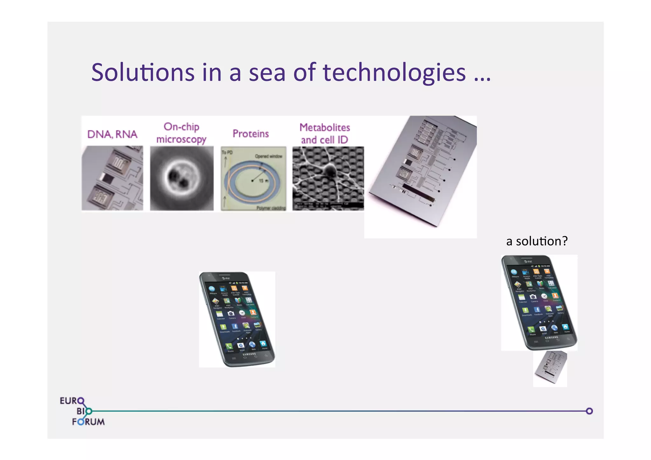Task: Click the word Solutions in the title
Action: (143, 72)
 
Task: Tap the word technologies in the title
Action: (394, 73)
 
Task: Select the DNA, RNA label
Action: (112, 134)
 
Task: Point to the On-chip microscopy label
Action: (181, 133)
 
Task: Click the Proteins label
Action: (250, 134)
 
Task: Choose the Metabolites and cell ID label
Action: (325, 134)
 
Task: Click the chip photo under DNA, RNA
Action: (112, 178)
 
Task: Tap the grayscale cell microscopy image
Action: (182, 178)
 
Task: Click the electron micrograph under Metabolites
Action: (328, 178)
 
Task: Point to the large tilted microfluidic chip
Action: (423, 172)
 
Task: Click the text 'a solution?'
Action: (537, 241)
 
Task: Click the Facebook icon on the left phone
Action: (235, 326)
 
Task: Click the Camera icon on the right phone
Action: (533, 297)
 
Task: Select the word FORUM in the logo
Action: (88, 422)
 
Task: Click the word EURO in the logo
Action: (72, 401)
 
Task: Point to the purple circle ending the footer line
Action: (589, 411)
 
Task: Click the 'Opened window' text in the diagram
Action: (268, 156)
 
